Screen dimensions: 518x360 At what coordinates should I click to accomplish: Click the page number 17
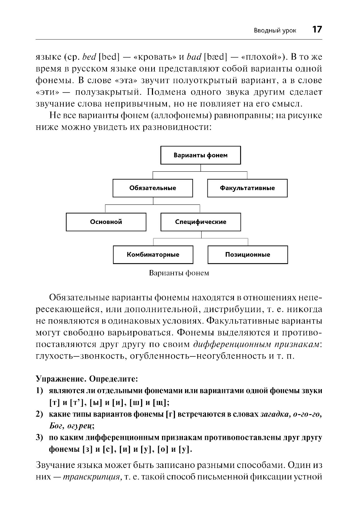pyautogui.click(x=317, y=30)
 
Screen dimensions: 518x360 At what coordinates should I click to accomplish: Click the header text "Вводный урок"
pyautogui.click(x=275, y=31)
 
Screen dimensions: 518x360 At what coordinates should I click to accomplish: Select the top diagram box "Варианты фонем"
pyautogui.click(x=201, y=156)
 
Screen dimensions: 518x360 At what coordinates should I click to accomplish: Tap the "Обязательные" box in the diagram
pyautogui.click(x=153, y=188)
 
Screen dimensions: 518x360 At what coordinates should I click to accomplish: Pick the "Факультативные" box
pyautogui.click(x=247, y=188)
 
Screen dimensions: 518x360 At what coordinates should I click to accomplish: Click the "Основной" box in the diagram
pyautogui.click(x=106, y=222)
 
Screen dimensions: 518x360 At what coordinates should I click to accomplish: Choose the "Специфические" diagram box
pyautogui.click(x=201, y=222)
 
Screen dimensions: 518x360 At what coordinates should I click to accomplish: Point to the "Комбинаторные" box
pyautogui.click(x=153, y=255)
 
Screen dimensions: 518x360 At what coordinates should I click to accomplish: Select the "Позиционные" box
pyautogui.click(x=248, y=255)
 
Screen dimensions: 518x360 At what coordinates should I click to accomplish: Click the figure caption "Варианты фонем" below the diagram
pyautogui.click(x=179, y=273)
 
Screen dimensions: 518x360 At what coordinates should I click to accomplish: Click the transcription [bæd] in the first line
pyautogui.click(x=216, y=57)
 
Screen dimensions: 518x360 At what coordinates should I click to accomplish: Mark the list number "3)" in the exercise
pyautogui.click(x=40, y=438)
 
